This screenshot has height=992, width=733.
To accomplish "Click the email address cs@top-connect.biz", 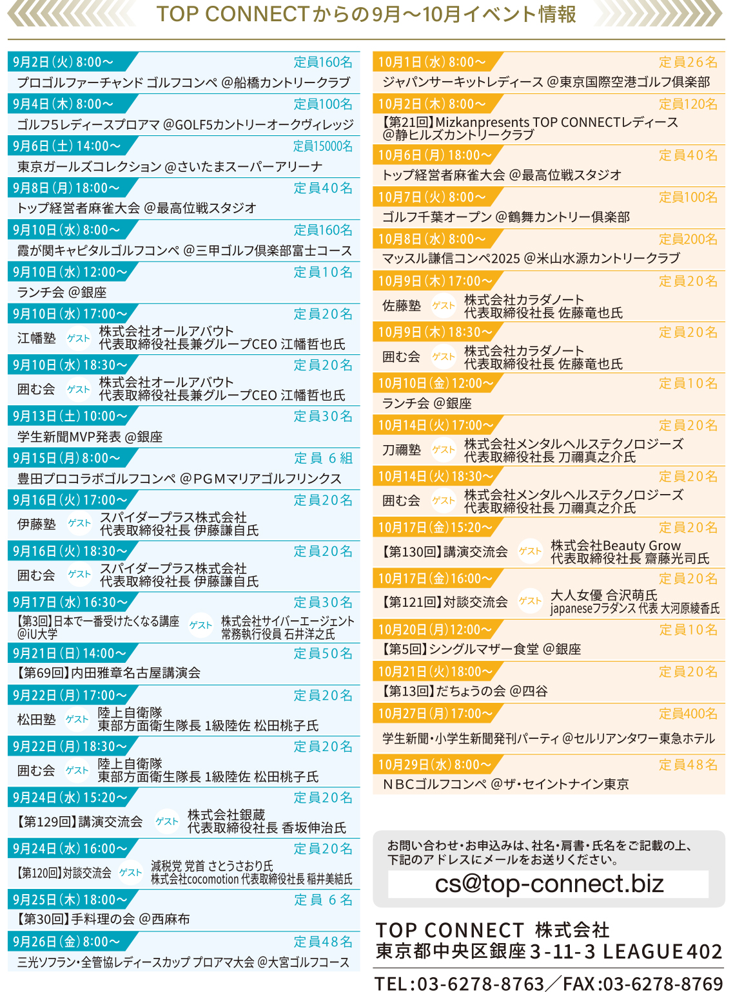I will point(549,884).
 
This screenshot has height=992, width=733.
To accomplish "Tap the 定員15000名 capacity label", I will point(322,146).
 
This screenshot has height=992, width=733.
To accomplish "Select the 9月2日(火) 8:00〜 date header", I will point(63,62).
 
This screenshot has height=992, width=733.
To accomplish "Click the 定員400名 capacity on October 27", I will point(687,714).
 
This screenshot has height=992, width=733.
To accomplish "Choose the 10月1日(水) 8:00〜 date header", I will point(431,62).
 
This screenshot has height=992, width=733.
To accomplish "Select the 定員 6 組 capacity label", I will point(323,458).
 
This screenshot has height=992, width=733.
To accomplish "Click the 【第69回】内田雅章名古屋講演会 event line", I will point(108,673).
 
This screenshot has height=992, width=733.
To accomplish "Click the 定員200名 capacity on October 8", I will point(687,239).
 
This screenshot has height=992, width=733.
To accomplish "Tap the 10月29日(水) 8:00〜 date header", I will point(434,765).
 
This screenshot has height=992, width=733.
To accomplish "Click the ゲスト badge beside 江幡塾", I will point(79,338).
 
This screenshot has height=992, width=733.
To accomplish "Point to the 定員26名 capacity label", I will point(687,62).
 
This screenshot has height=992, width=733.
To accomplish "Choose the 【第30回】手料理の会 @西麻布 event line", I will point(104,919).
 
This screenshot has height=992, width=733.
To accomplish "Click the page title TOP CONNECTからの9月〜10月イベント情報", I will point(366,14).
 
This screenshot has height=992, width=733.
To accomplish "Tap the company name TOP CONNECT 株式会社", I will point(493,930).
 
